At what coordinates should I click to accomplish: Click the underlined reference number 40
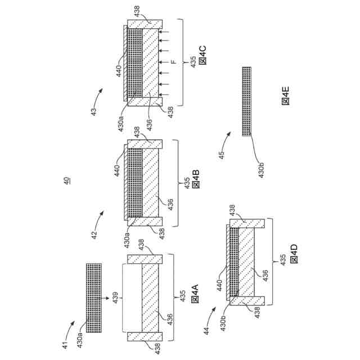coord(67,181)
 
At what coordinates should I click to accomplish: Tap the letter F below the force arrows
coord(173,62)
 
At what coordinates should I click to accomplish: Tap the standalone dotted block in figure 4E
coord(246,101)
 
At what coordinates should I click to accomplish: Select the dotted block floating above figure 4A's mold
coord(93,291)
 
